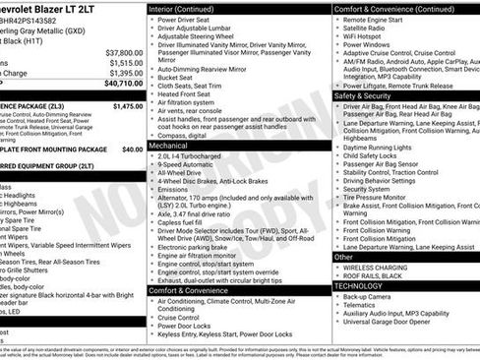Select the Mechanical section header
click(169, 144)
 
